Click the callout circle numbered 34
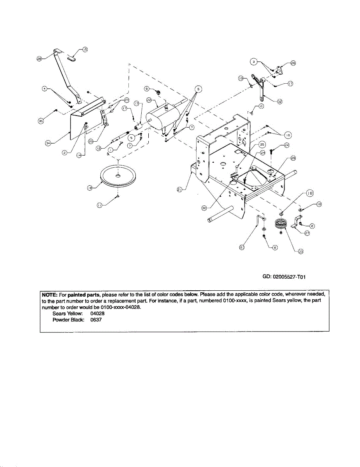pyautogui.click(x=48, y=143)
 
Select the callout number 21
pyautogui.click(x=179, y=190)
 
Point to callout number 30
pyautogui.click(x=204, y=208)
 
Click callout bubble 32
pyautogui.click(x=279, y=101)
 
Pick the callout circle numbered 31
pyautogui.click(x=242, y=248)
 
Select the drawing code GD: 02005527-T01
pyautogui.click(x=285, y=277)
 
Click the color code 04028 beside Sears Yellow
pyautogui.click(x=97, y=313)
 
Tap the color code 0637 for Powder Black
pyautogui.click(x=96, y=320)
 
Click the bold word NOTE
pyautogui.click(x=49, y=295)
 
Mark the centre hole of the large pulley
pyautogui.click(x=118, y=176)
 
